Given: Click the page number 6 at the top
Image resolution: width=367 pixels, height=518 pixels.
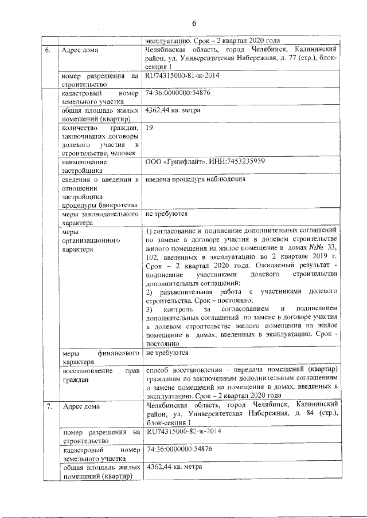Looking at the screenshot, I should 194,23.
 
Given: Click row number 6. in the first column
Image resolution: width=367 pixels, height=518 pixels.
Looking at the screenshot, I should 49,50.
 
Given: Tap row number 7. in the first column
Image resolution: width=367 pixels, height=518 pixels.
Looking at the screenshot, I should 49,407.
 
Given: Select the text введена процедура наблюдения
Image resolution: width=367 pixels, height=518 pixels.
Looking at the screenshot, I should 196,180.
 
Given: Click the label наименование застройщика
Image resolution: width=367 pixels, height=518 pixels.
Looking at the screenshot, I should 85,166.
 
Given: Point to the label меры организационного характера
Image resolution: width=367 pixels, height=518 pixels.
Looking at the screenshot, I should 87,242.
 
